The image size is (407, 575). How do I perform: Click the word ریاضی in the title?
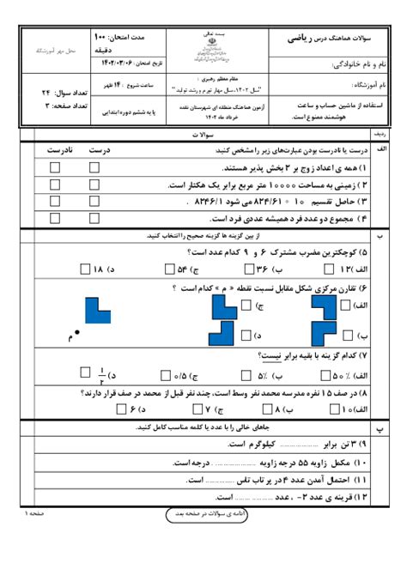pos(306,38)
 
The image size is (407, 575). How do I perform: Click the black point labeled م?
pos(77,332)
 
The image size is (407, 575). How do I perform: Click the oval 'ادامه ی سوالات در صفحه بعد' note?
pos(203,513)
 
